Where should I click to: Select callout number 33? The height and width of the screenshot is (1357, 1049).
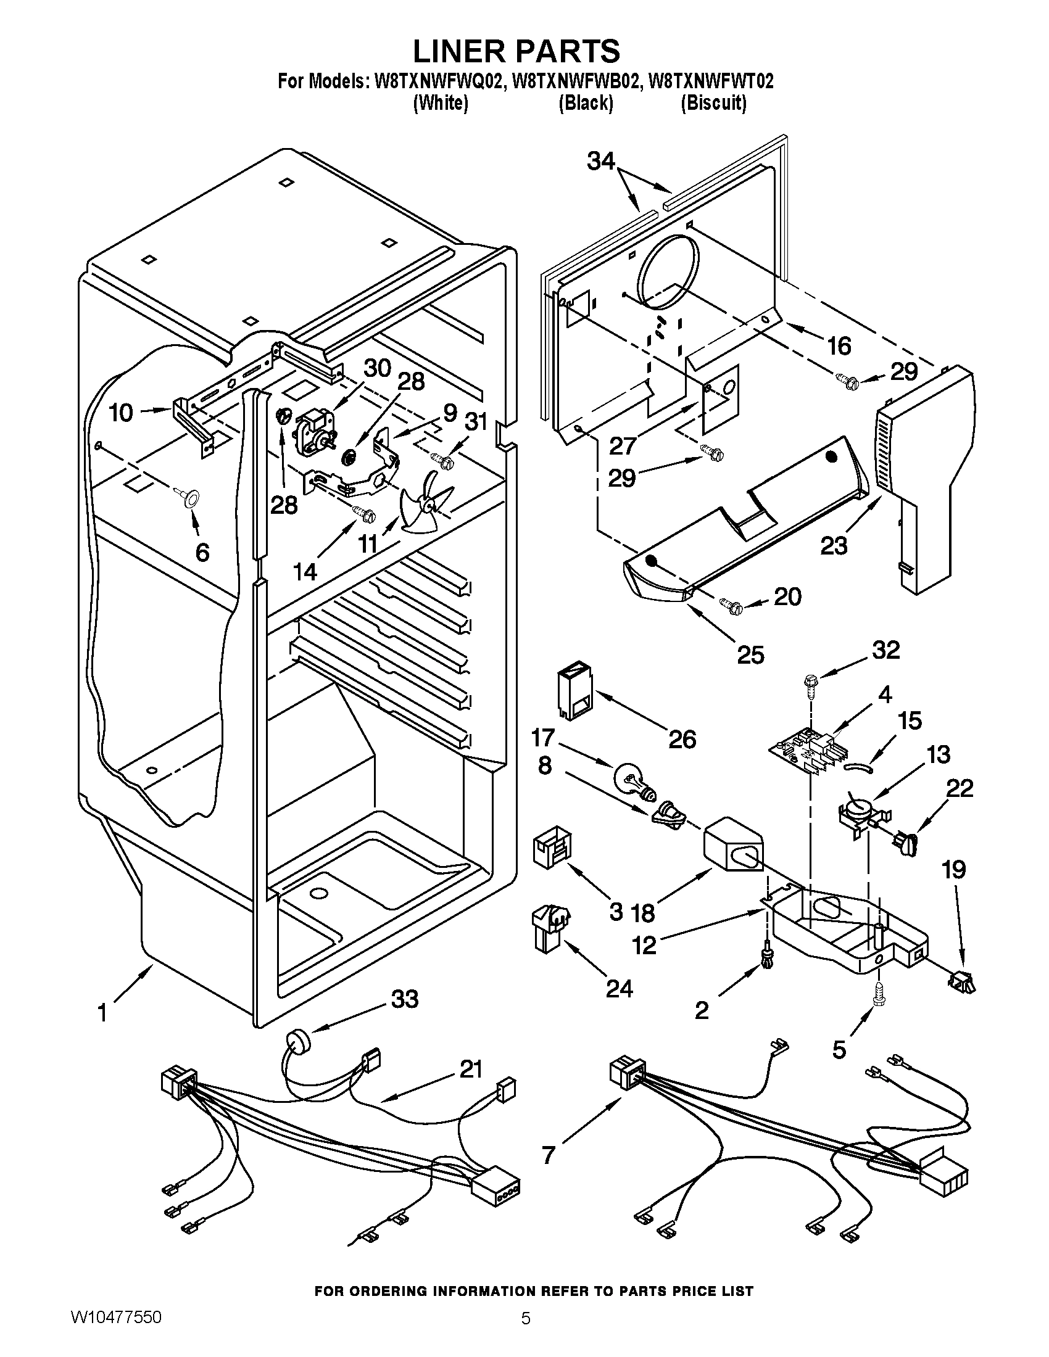(405, 999)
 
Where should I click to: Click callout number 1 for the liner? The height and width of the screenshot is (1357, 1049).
(102, 1013)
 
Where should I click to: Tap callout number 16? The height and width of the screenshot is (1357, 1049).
(839, 346)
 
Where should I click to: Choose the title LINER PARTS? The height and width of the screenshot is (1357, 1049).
(516, 51)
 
